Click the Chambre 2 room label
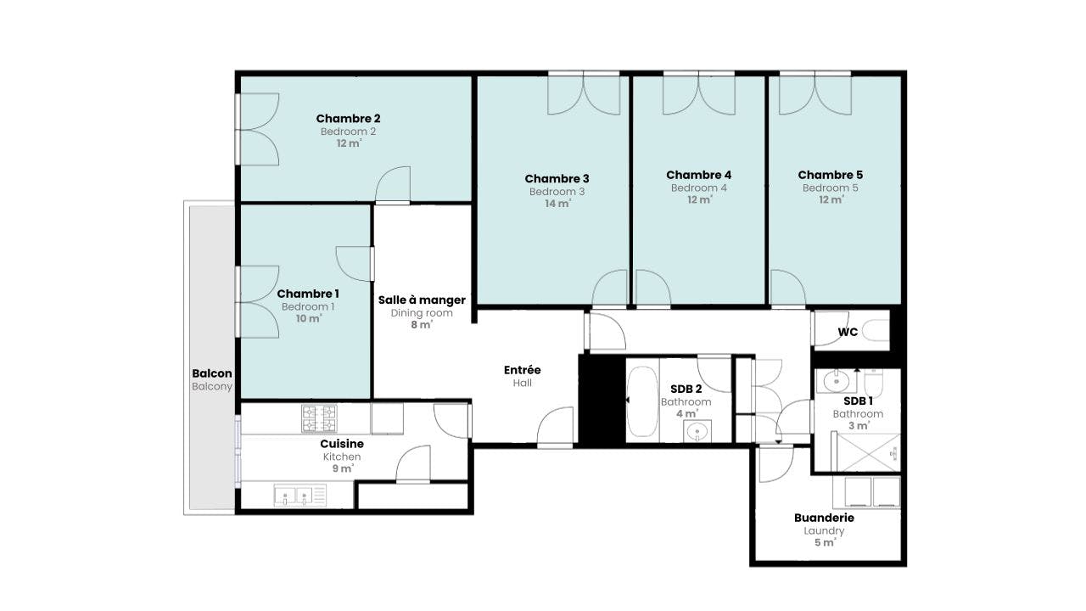click(x=348, y=119)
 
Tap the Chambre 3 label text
click(x=557, y=178)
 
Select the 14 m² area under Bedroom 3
click(x=557, y=205)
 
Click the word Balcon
click(x=211, y=373)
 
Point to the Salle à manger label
click(x=422, y=300)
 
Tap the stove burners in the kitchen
click(x=318, y=418)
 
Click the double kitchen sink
click(x=299, y=496)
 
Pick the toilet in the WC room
click(x=876, y=331)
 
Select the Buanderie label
click(x=824, y=518)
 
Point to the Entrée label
click(x=522, y=370)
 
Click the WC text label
click(x=848, y=332)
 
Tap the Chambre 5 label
click(x=830, y=175)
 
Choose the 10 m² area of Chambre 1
click(x=308, y=319)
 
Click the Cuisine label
click(x=342, y=444)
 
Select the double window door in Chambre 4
click(x=698, y=93)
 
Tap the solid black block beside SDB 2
click(x=602, y=399)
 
